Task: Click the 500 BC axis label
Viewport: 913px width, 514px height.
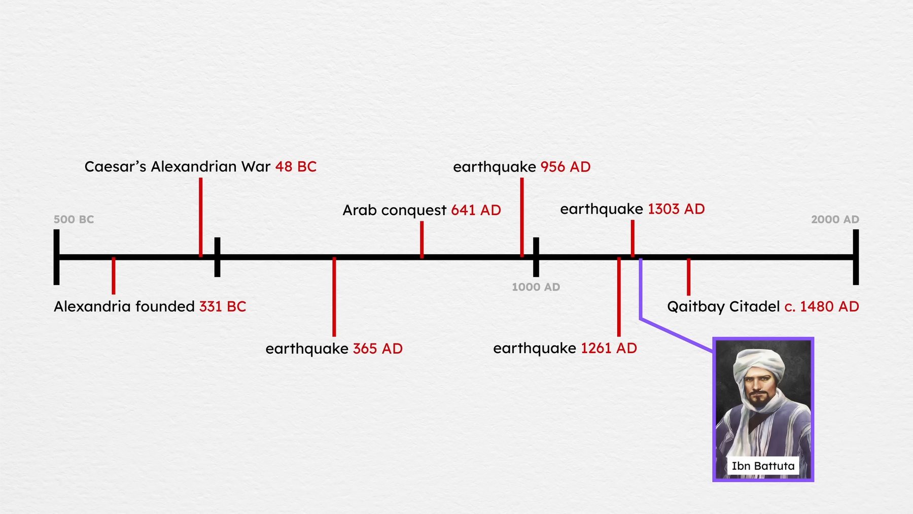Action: tap(74, 219)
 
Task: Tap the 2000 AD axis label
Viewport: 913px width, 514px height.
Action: tap(835, 219)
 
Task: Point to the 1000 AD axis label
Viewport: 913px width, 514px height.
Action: tap(536, 287)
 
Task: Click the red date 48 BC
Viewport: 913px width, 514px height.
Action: tap(296, 166)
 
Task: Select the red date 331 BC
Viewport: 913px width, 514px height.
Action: tap(223, 306)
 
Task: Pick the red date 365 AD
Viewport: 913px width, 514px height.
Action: tap(378, 349)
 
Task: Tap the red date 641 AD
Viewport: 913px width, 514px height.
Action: tap(476, 210)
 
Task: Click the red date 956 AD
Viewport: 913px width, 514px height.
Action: tap(566, 167)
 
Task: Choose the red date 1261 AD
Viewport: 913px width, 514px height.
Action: tap(609, 348)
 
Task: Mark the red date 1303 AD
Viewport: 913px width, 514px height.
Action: tap(676, 209)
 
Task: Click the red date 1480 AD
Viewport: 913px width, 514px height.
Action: tap(829, 306)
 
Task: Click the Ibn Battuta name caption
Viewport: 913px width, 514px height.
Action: tap(763, 466)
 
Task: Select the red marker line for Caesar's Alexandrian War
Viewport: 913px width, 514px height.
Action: tap(201, 217)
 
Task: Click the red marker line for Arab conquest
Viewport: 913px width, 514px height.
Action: tap(422, 239)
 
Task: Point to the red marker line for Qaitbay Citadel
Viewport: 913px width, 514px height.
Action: tap(688, 277)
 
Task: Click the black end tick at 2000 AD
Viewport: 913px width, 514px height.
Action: tap(856, 257)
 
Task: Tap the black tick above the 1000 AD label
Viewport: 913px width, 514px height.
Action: tap(536, 257)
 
